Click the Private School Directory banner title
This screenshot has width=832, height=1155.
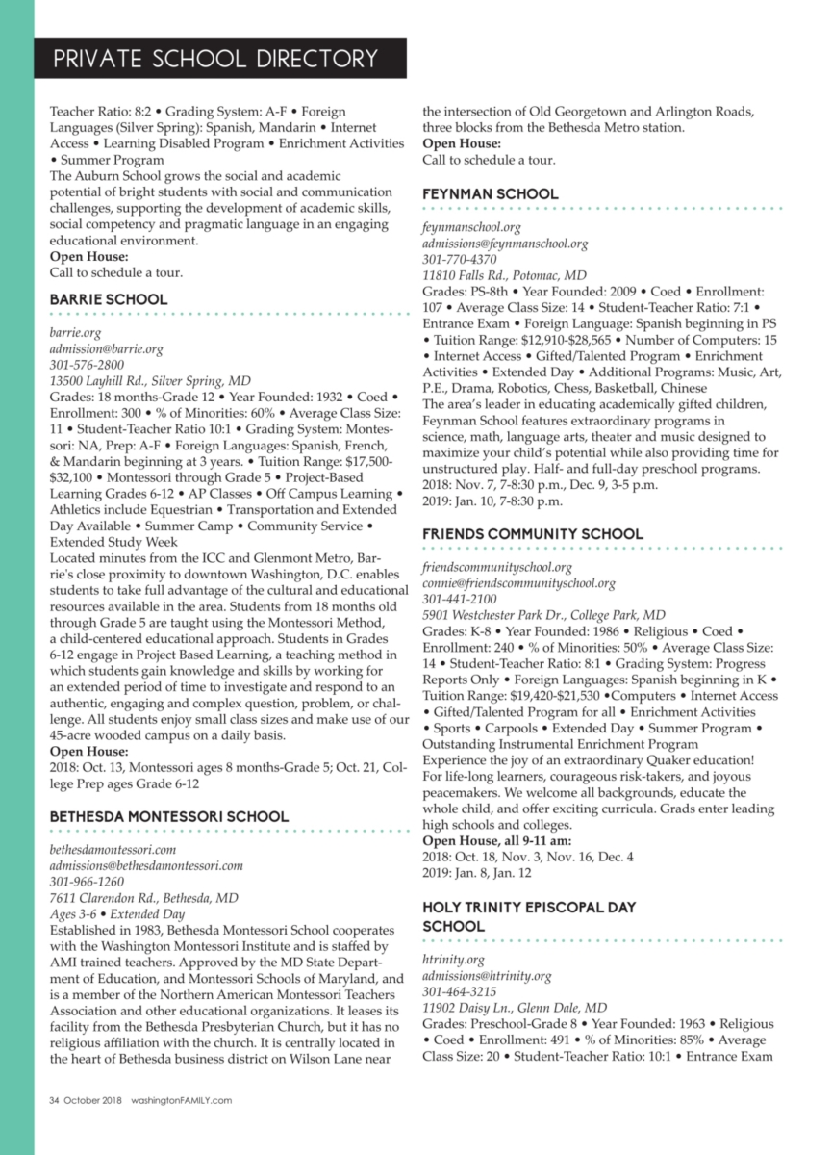pyautogui.click(x=215, y=60)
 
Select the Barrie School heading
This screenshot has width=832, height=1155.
pyautogui.click(x=109, y=299)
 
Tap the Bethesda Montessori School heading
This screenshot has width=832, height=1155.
pyautogui.click(x=169, y=817)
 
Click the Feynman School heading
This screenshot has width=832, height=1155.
pyautogui.click(x=491, y=194)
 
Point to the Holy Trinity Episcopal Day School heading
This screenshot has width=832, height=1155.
pyautogui.click(x=529, y=916)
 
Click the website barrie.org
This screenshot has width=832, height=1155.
pyautogui.click(x=75, y=332)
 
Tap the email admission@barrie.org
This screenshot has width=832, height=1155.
pyautogui.click(x=106, y=348)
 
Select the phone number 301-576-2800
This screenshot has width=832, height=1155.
pyautogui.click(x=87, y=365)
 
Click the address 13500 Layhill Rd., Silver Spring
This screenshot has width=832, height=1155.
pyautogui.click(x=149, y=381)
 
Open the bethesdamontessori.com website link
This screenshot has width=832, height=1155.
pyautogui.click(x=113, y=850)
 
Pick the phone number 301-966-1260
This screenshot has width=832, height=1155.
pyautogui.click(x=87, y=883)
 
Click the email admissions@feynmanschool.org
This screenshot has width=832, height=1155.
pyautogui.click(x=505, y=244)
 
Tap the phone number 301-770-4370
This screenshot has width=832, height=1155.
pyautogui.click(x=460, y=260)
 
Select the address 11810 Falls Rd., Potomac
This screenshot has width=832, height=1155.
pyautogui.click(x=504, y=275)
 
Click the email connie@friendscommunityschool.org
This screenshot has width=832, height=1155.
pyautogui.click(x=518, y=583)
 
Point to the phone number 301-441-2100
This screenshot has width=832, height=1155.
pyautogui.click(x=460, y=600)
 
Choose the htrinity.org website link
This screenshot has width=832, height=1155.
pyautogui.click(x=453, y=960)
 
